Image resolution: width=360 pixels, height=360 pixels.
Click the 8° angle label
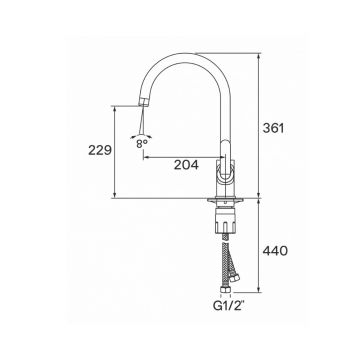pos(144,143)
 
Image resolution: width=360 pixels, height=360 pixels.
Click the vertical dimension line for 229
pos(117,150)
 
